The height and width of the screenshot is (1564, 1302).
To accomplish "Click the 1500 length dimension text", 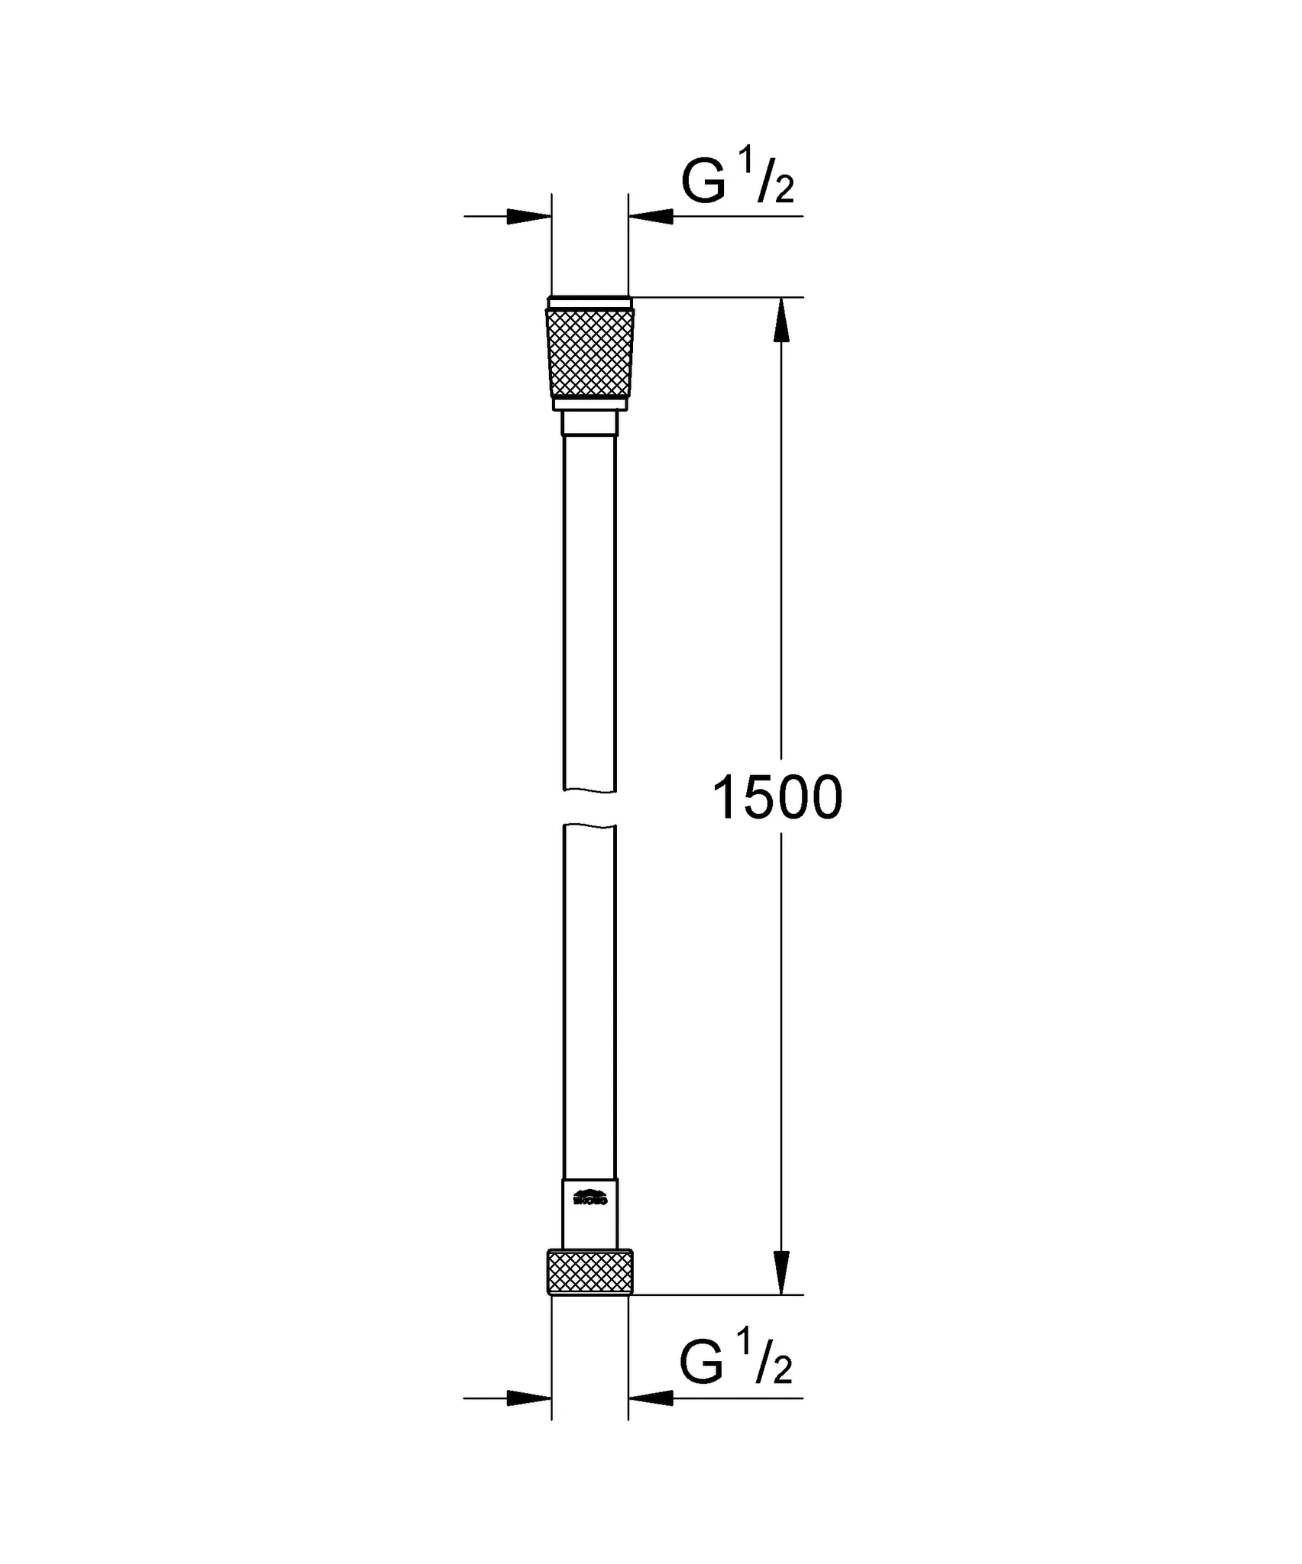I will (777, 798).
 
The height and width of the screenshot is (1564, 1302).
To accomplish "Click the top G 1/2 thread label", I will (738, 181).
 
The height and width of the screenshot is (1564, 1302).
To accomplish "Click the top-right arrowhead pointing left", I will (651, 217).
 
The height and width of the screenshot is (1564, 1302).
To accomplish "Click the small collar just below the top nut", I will (589, 422).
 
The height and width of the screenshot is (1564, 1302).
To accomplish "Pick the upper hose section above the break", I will (589, 611).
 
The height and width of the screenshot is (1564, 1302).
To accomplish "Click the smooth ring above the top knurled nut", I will (589, 302).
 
